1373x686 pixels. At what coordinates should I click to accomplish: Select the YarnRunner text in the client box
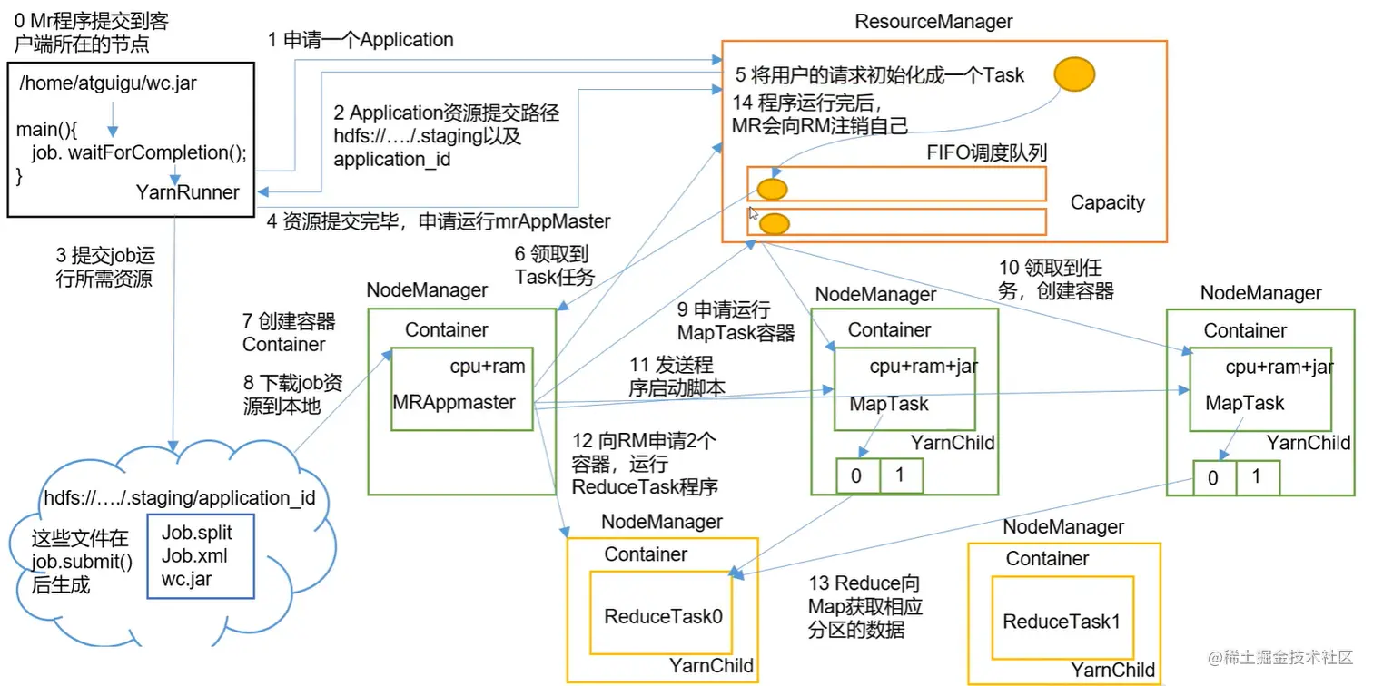tap(188, 192)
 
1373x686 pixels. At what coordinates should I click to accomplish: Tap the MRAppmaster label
tap(454, 402)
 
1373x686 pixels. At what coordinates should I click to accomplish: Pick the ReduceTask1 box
tap(1061, 622)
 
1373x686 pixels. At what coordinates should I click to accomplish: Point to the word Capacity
tap(1107, 202)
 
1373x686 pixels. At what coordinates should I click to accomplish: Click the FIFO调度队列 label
tap(985, 151)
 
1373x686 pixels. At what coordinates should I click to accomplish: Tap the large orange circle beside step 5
tap(1075, 74)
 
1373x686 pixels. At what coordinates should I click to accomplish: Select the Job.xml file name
tap(194, 555)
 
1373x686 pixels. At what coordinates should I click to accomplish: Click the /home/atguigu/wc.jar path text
tap(107, 84)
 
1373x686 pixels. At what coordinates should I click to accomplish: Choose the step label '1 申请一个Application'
tap(361, 40)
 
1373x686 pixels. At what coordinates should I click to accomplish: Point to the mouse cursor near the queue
tap(753, 214)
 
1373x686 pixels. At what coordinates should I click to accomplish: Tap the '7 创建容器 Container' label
tap(288, 333)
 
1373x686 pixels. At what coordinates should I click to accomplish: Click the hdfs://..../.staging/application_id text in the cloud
tap(180, 498)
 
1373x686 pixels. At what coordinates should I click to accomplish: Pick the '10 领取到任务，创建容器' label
tap(1055, 279)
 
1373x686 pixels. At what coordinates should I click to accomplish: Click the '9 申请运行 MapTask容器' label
tap(736, 319)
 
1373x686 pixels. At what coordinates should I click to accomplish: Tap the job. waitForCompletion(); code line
tap(138, 152)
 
